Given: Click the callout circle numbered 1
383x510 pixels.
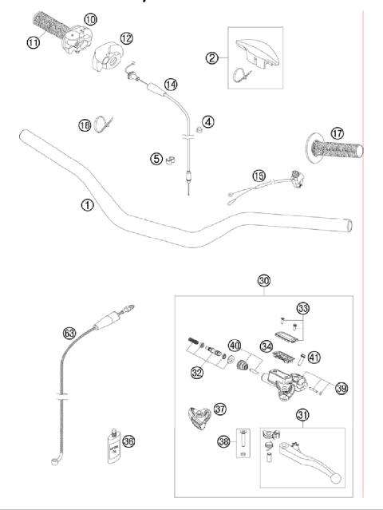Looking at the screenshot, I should (87, 204).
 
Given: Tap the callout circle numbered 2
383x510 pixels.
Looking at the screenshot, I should (211, 57).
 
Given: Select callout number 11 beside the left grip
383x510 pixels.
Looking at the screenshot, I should (34, 42).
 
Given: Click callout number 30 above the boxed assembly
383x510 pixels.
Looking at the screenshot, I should (264, 281).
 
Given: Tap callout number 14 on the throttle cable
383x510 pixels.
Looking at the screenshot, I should (170, 85).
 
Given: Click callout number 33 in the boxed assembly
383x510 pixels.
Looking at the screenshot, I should (302, 308).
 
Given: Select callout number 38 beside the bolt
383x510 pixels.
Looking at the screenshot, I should (223, 441).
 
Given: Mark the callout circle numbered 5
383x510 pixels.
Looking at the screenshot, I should (156, 159).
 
